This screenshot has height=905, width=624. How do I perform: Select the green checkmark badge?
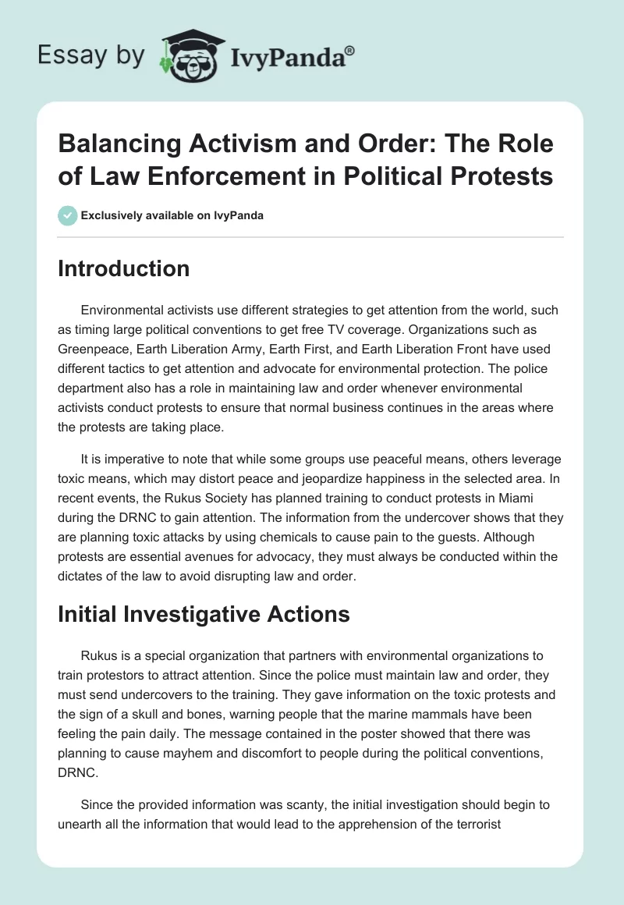67,216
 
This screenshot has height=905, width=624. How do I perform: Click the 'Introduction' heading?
123,269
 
